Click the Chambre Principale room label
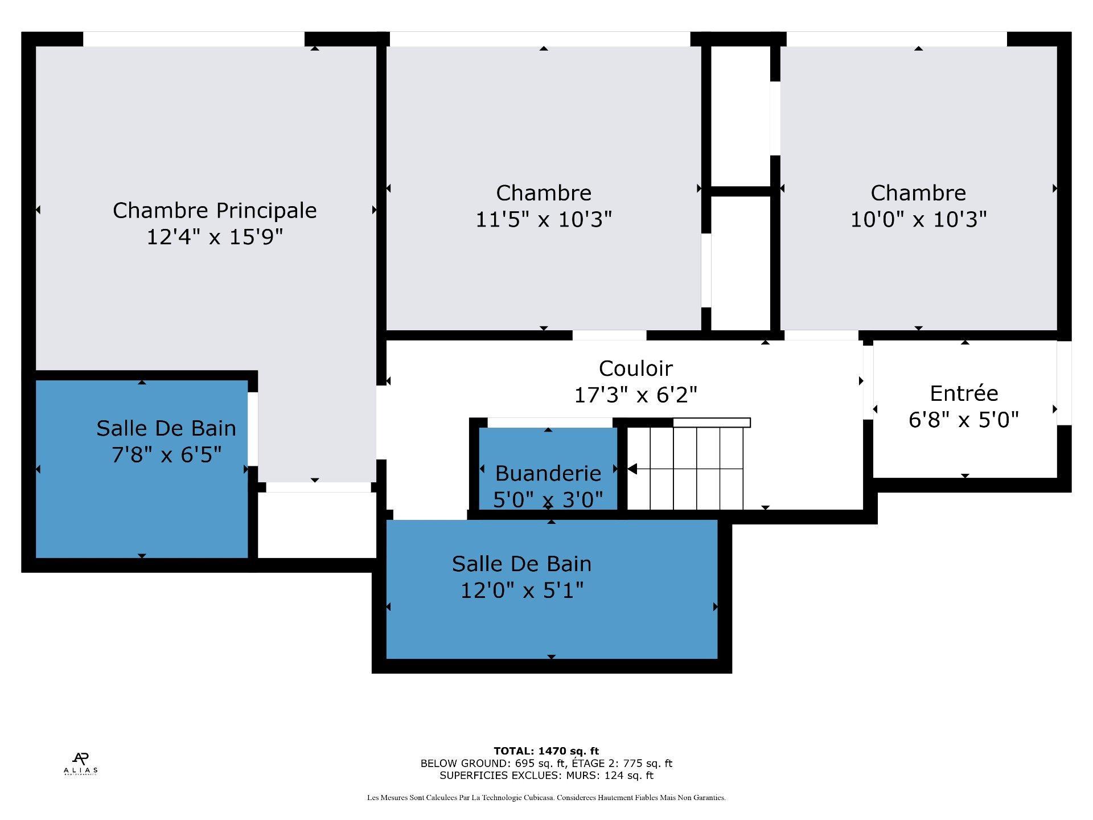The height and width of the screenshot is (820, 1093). (x=215, y=210)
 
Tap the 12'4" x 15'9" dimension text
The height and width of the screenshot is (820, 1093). (x=215, y=236)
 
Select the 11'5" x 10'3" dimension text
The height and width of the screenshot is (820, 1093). (x=544, y=219)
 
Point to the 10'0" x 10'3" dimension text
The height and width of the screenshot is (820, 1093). (x=918, y=219)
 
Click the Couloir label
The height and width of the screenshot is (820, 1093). (x=635, y=368)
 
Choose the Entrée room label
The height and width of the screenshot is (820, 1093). (x=964, y=393)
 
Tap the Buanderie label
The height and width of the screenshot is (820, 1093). (x=548, y=473)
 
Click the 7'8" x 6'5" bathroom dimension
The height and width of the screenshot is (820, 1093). (x=166, y=455)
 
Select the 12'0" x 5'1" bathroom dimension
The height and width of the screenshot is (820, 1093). (x=522, y=591)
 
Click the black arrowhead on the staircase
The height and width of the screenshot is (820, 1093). (x=632, y=469)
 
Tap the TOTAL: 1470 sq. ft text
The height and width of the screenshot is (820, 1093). (x=546, y=751)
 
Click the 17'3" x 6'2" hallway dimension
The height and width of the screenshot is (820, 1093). (x=635, y=395)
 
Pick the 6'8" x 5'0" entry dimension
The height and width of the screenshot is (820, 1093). (x=964, y=420)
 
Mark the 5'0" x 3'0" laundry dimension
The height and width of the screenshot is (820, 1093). (x=548, y=500)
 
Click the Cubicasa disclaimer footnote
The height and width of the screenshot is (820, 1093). (x=546, y=798)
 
